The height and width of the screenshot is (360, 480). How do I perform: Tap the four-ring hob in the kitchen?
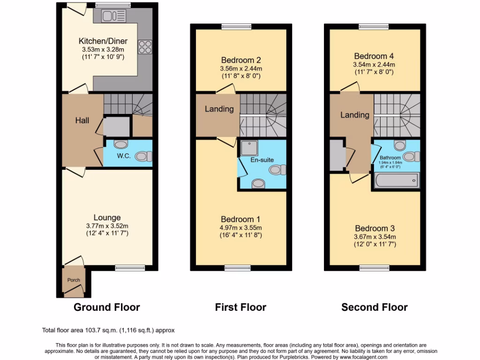(x=145, y=47)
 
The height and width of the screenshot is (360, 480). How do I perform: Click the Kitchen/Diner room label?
(x=103, y=41)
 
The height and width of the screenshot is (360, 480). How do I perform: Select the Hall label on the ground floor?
(x=82, y=120)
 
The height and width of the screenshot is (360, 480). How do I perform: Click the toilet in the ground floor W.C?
(x=142, y=156)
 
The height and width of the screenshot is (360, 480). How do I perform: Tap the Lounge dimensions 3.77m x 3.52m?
(x=107, y=225)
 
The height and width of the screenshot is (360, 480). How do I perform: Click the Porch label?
(x=74, y=280)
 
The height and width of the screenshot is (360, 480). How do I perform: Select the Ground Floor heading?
(x=106, y=307)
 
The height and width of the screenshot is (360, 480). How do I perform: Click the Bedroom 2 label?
(x=240, y=60)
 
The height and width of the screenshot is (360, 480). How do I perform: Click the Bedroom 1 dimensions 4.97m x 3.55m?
(x=240, y=227)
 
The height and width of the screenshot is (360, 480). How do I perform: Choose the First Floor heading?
(x=240, y=307)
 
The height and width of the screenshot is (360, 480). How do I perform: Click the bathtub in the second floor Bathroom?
(x=397, y=180)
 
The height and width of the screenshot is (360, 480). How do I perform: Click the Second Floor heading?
(x=374, y=307)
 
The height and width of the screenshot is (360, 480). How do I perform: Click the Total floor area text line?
(x=108, y=330)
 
